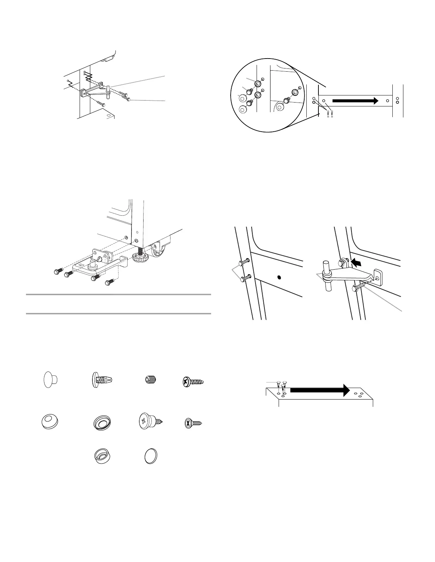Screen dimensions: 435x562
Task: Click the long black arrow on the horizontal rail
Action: click(x=355, y=101)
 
